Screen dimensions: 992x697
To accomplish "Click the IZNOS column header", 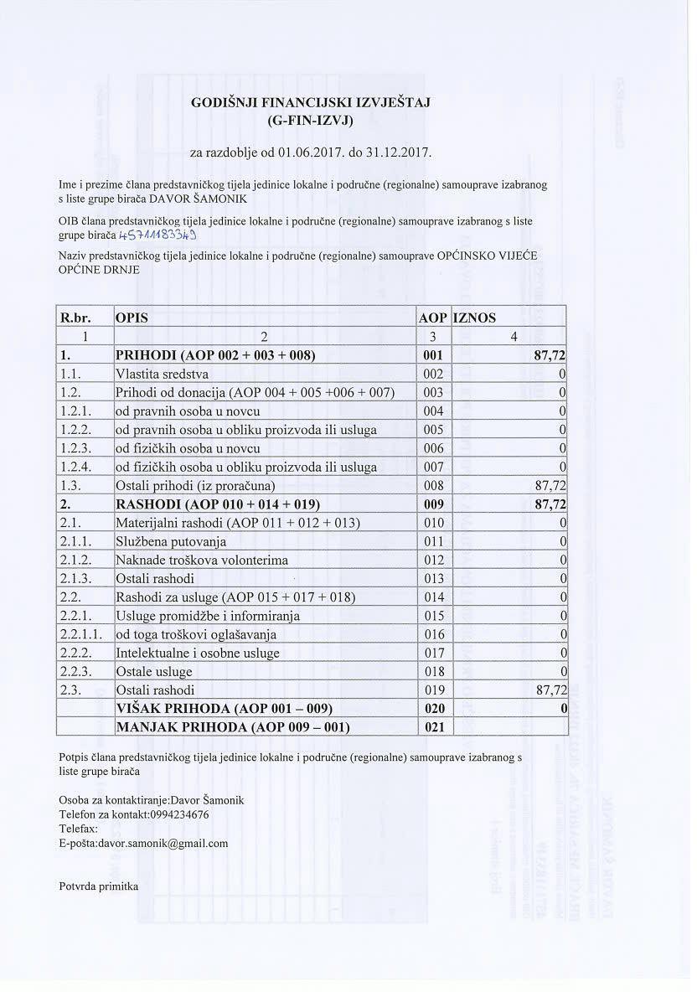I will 475,318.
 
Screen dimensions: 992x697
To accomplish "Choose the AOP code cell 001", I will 433,355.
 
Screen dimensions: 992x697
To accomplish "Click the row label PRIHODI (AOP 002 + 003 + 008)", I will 214,355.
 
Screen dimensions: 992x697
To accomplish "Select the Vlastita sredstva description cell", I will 163,374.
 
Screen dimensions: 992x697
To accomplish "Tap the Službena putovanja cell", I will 171,541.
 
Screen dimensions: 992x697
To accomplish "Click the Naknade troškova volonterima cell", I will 202,560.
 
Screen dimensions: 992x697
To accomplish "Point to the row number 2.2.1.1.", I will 81,634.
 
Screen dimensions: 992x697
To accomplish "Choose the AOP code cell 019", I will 433,690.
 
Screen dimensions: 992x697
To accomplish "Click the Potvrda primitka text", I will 98,886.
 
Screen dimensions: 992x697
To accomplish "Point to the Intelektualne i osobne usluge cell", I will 198,653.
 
